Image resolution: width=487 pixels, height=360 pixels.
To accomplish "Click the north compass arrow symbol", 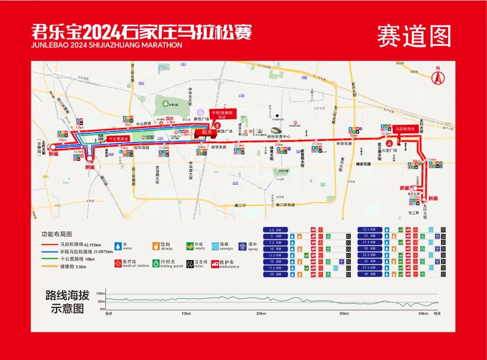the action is pyautogui.click(x=436, y=76).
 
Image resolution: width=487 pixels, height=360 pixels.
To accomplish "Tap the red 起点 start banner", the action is pyautogui.click(x=207, y=132).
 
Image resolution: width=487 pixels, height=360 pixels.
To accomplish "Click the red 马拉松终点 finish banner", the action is pyautogui.click(x=404, y=129).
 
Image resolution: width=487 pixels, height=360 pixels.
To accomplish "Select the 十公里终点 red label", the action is pyautogui.click(x=119, y=139).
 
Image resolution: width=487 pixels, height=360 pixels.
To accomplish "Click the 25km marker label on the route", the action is pyautogui.click(x=279, y=145).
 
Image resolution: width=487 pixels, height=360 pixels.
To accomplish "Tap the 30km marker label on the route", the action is pyautogui.click(x=354, y=136).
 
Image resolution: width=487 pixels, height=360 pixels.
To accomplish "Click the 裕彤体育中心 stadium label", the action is pyautogui.click(x=278, y=136).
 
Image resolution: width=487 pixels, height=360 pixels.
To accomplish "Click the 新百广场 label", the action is pyautogui.click(x=201, y=119).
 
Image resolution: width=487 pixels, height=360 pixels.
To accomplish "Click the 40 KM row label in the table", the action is pyautogui.click(x=369, y=274).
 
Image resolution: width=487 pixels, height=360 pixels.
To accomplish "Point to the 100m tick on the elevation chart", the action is pyautogui.click(x=100, y=294).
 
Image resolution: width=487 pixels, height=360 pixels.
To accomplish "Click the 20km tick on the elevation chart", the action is pyautogui.click(x=260, y=314).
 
